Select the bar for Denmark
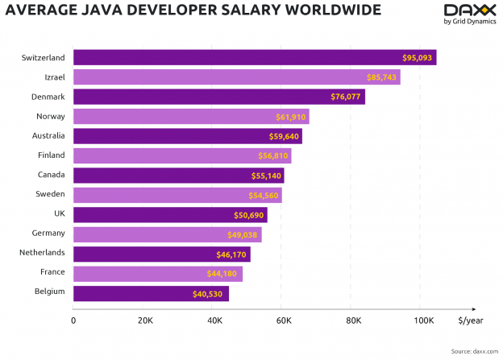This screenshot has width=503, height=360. (x=218, y=97)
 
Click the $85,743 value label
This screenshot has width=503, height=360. (x=380, y=77)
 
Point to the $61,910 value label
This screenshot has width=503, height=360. (x=292, y=117)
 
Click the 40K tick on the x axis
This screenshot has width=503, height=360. (x=214, y=321)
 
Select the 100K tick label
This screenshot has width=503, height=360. (x=422, y=321)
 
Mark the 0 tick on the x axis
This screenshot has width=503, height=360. (x=73, y=321)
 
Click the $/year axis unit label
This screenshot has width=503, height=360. (x=471, y=321)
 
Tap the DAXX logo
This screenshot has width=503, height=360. (x=470, y=14)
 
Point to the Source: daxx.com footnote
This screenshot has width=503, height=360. (x=473, y=351)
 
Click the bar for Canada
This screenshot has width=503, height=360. (x=178, y=176)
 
